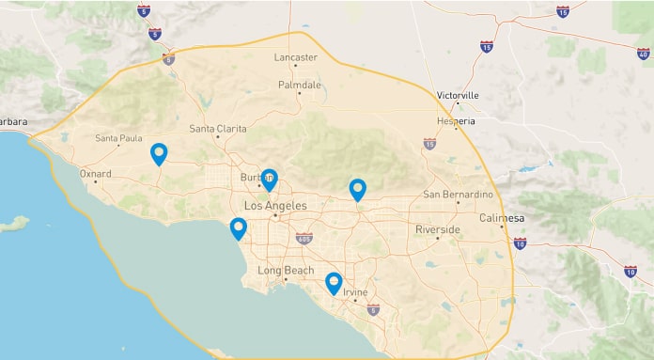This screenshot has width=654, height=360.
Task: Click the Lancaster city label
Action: coord(295,57)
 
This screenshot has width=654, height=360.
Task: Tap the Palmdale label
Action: coord(300,85)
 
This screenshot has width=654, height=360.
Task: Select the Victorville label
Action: coord(458,96)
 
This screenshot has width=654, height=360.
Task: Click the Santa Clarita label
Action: coord(218,129)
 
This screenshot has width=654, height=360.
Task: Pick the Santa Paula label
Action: coord(119,139)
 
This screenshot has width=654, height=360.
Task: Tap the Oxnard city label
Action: coord(96,174)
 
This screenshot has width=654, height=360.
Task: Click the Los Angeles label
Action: coord(275,205)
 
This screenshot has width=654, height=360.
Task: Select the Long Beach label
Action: coord(287,271)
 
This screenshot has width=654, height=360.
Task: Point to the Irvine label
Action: coord(355,293)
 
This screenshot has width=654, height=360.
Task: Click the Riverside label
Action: coord(438,229)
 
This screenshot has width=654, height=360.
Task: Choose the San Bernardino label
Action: coord(458,195)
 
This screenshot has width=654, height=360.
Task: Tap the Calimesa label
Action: coord(505,218)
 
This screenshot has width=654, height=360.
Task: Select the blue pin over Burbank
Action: coord(269,180)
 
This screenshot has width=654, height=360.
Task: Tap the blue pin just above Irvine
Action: coord(334,283)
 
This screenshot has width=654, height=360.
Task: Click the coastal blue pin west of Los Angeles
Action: coord(239,228)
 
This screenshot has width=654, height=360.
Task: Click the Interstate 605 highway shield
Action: coord(304,239)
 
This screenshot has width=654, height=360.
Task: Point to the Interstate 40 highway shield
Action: coord(643,54)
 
